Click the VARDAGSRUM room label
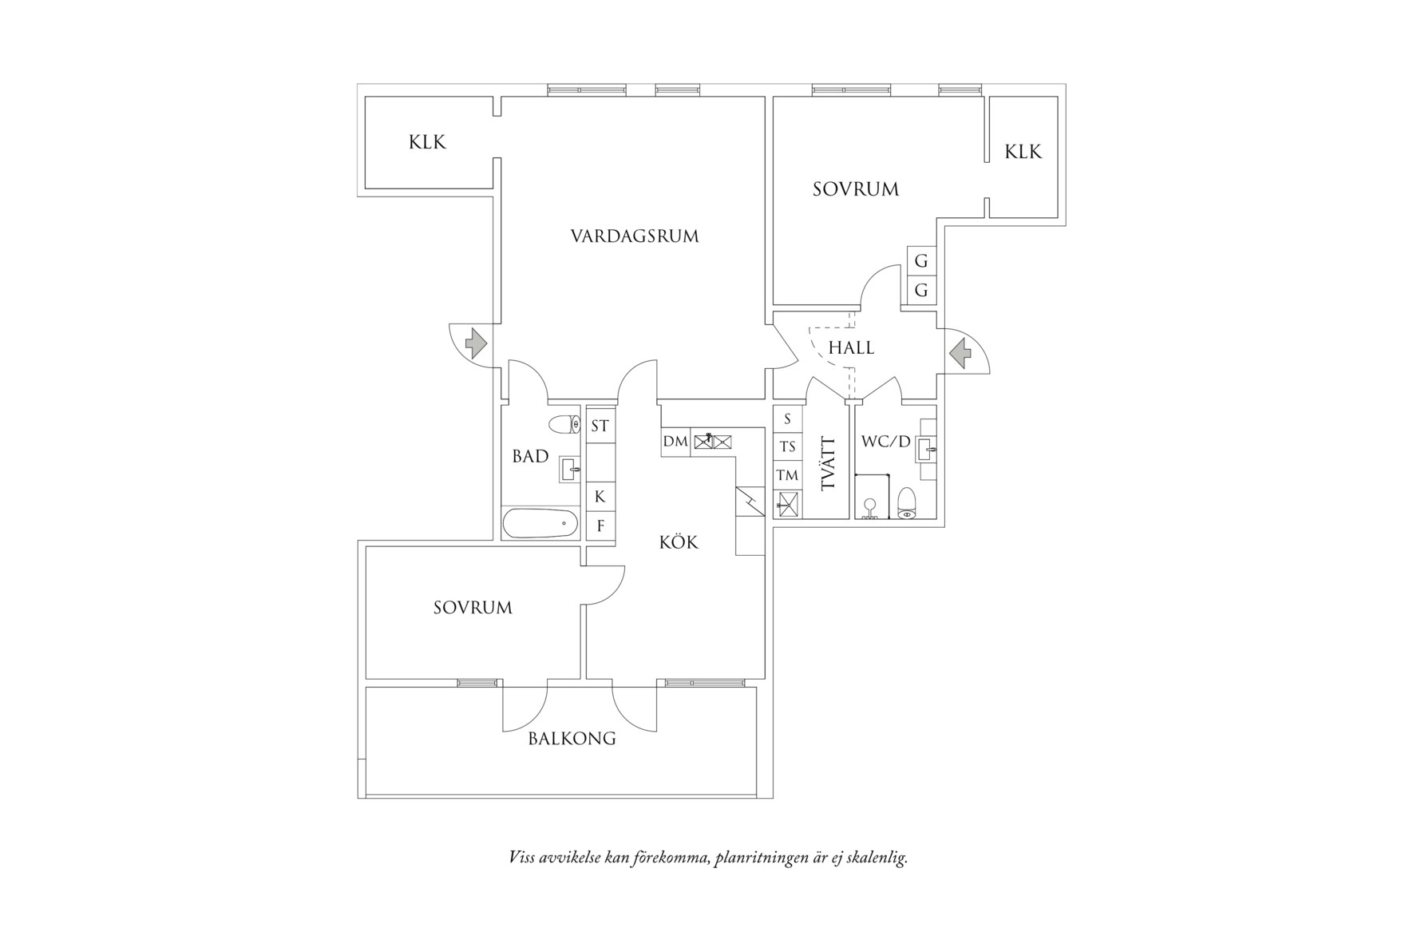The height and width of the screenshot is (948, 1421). (635, 236)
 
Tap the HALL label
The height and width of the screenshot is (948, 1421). (851, 347)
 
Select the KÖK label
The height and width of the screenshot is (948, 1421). (679, 543)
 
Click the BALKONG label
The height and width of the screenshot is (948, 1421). (572, 739)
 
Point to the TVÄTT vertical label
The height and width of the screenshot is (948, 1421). (828, 463)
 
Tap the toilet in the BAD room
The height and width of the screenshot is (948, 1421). (564, 424)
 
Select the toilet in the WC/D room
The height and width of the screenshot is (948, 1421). (907, 503)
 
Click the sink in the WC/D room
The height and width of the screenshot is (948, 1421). (926, 450)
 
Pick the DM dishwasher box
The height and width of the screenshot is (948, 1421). (675, 441)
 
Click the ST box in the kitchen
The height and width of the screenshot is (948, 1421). (600, 426)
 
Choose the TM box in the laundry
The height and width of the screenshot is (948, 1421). (787, 476)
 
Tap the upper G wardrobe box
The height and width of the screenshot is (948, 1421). (921, 261)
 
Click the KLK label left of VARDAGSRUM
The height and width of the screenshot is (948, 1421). (427, 143)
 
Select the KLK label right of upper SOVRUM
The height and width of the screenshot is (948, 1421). (1023, 152)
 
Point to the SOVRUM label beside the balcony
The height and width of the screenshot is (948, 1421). (473, 608)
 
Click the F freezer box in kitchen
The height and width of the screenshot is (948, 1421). (600, 527)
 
